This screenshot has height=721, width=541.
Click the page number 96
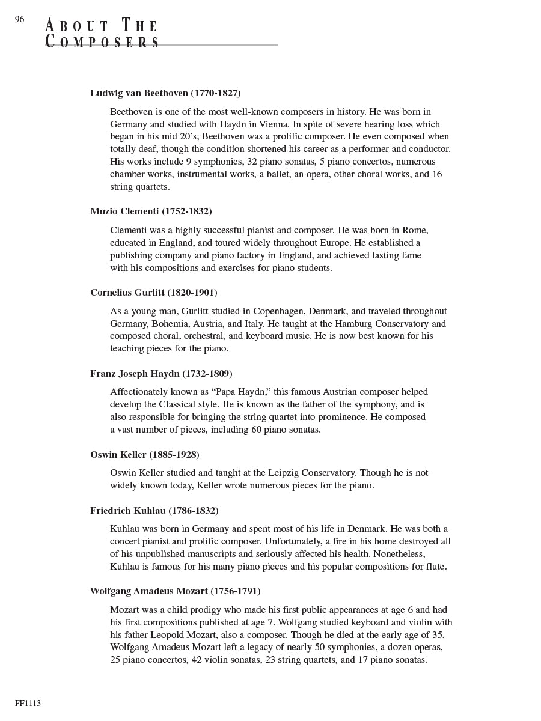pyautogui.click(x=20, y=19)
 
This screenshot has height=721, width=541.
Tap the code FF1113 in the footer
pyautogui.click(x=28, y=703)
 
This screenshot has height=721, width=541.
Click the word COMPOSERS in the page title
pyautogui.click(x=103, y=43)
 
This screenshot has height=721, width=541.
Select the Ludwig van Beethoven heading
pyautogui.click(x=165, y=93)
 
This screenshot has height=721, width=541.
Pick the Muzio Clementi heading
pyautogui.click(x=151, y=211)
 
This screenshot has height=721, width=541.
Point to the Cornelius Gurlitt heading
pyautogui.click(x=154, y=293)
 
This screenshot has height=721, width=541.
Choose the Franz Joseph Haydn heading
pyautogui.click(x=161, y=374)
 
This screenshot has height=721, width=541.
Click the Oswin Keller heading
pyautogui.click(x=145, y=455)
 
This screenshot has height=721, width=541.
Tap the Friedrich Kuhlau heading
pyautogui.click(x=154, y=511)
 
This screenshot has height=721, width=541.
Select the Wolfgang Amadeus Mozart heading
pyautogui.click(x=175, y=591)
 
